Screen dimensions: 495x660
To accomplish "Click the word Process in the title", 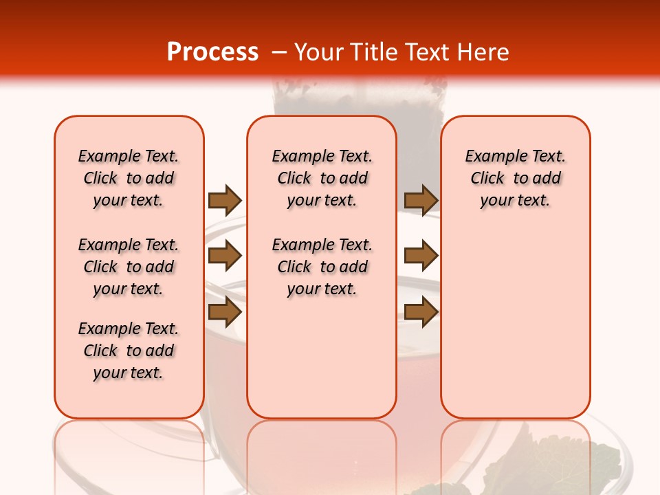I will pos(212,52).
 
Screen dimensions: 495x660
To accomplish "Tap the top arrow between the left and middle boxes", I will pos(225,201).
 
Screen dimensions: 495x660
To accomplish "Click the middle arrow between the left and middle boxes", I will pos(225,256).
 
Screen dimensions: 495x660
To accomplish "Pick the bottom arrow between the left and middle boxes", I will pos(225,312).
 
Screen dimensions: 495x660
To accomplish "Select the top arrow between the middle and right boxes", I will pos(421,201).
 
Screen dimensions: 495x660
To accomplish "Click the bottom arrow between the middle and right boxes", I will pos(421,312).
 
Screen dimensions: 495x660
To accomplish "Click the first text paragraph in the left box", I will pos(129,178).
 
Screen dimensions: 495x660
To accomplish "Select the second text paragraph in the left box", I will pos(129,267).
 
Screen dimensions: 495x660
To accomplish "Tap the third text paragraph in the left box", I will pos(129,351).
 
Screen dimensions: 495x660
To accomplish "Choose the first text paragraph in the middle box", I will pos(322,178).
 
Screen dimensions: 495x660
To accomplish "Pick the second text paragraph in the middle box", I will pos(322,267).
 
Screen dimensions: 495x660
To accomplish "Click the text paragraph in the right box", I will pos(516,178).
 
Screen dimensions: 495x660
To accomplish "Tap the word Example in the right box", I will pos(489,157).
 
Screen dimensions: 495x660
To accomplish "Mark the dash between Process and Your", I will pos(279,52).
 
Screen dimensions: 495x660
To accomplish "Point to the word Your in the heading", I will pos(320,52).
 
